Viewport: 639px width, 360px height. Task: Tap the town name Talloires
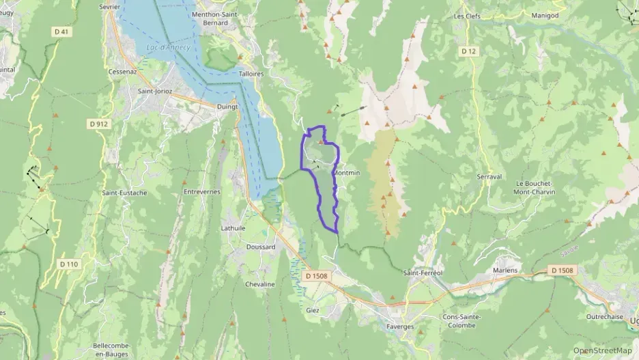251,73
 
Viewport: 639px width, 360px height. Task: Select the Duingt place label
227,107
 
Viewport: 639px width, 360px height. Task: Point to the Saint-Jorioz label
154,90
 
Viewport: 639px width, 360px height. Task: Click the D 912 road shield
98,124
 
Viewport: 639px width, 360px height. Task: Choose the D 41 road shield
61,31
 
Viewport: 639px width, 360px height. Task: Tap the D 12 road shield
468,51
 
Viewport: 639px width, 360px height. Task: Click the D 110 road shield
68,264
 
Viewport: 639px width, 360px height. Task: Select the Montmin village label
346,173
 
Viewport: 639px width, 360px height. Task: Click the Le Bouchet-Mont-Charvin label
535,187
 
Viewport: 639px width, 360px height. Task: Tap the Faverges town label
400,327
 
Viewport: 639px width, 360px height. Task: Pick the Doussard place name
260,247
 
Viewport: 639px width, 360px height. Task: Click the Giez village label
313,309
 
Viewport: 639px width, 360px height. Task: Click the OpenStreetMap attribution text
602,350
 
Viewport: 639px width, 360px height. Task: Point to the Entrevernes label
202,192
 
